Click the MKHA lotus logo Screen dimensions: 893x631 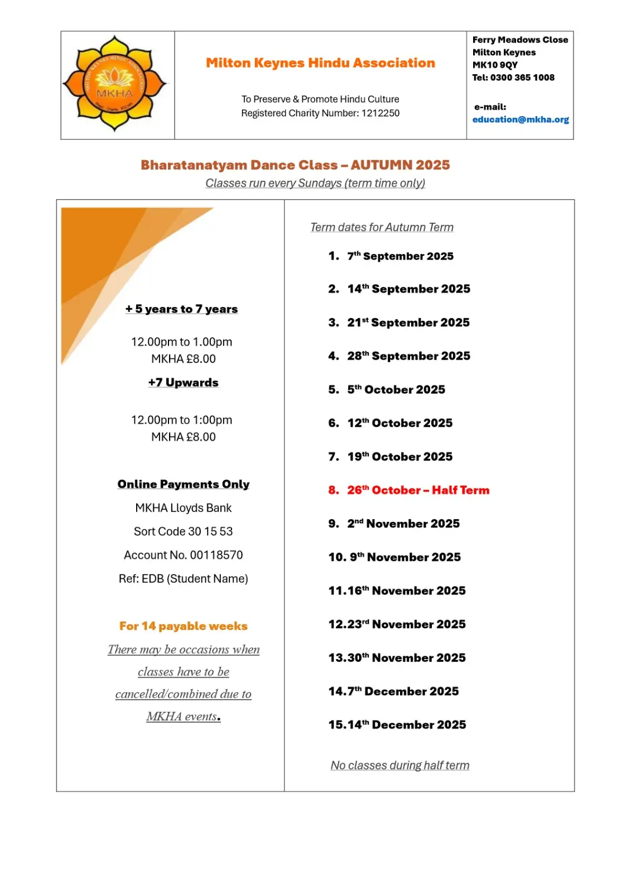click(114, 84)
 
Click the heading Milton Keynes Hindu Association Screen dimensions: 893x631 click(320, 63)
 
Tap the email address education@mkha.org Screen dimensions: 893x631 click(521, 119)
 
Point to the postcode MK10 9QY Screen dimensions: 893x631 click(495, 65)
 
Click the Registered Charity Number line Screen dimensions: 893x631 click(320, 113)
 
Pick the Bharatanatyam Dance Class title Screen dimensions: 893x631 click(295, 165)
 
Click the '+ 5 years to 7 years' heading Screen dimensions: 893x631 click(181, 309)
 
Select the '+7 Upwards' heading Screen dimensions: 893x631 click(183, 383)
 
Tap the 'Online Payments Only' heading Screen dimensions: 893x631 click(183, 484)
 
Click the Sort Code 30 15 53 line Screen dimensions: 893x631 click(183, 531)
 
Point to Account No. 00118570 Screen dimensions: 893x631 click(183, 555)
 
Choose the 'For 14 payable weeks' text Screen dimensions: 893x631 click(183, 626)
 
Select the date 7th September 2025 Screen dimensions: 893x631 click(400, 256)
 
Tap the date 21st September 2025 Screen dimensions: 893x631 click(408, 323)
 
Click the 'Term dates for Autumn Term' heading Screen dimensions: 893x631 click(382, 227)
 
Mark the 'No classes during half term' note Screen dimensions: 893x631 click(399, 765)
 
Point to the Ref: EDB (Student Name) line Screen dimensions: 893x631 click(183, 579)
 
